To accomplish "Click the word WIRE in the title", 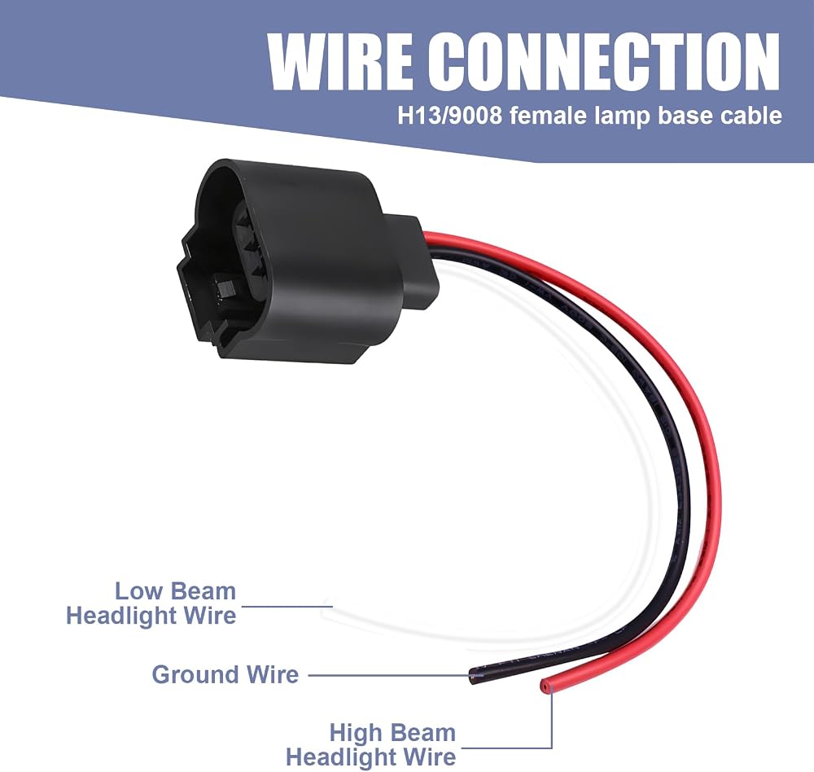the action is coord(340,63).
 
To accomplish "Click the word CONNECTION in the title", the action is coord(604,63).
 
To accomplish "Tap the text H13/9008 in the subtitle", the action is coord(449,116).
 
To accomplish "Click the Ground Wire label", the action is coord(225,674).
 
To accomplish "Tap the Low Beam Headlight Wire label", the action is coord(151,603).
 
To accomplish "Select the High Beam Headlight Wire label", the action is coord(371,744).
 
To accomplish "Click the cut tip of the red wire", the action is coord(545,686).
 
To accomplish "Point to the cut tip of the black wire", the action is coord(473,675).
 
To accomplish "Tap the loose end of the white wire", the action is coord(327,607).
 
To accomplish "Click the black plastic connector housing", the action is coord(306,260).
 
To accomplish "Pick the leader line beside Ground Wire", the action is coord(389,675).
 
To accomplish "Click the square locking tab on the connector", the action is coord(225,288).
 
